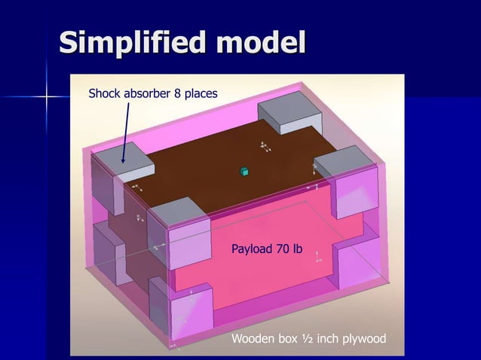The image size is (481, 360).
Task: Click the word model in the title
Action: coord(260,43)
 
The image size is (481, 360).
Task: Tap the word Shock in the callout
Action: coord(105,94)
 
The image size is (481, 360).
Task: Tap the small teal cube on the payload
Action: coord(244,172)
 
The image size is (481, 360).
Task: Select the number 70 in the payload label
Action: coord(283,249)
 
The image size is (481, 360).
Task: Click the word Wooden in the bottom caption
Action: coord(253,339)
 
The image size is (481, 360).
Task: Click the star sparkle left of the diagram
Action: coord(47,96)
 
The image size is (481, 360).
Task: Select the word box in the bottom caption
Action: coord(288,339)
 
